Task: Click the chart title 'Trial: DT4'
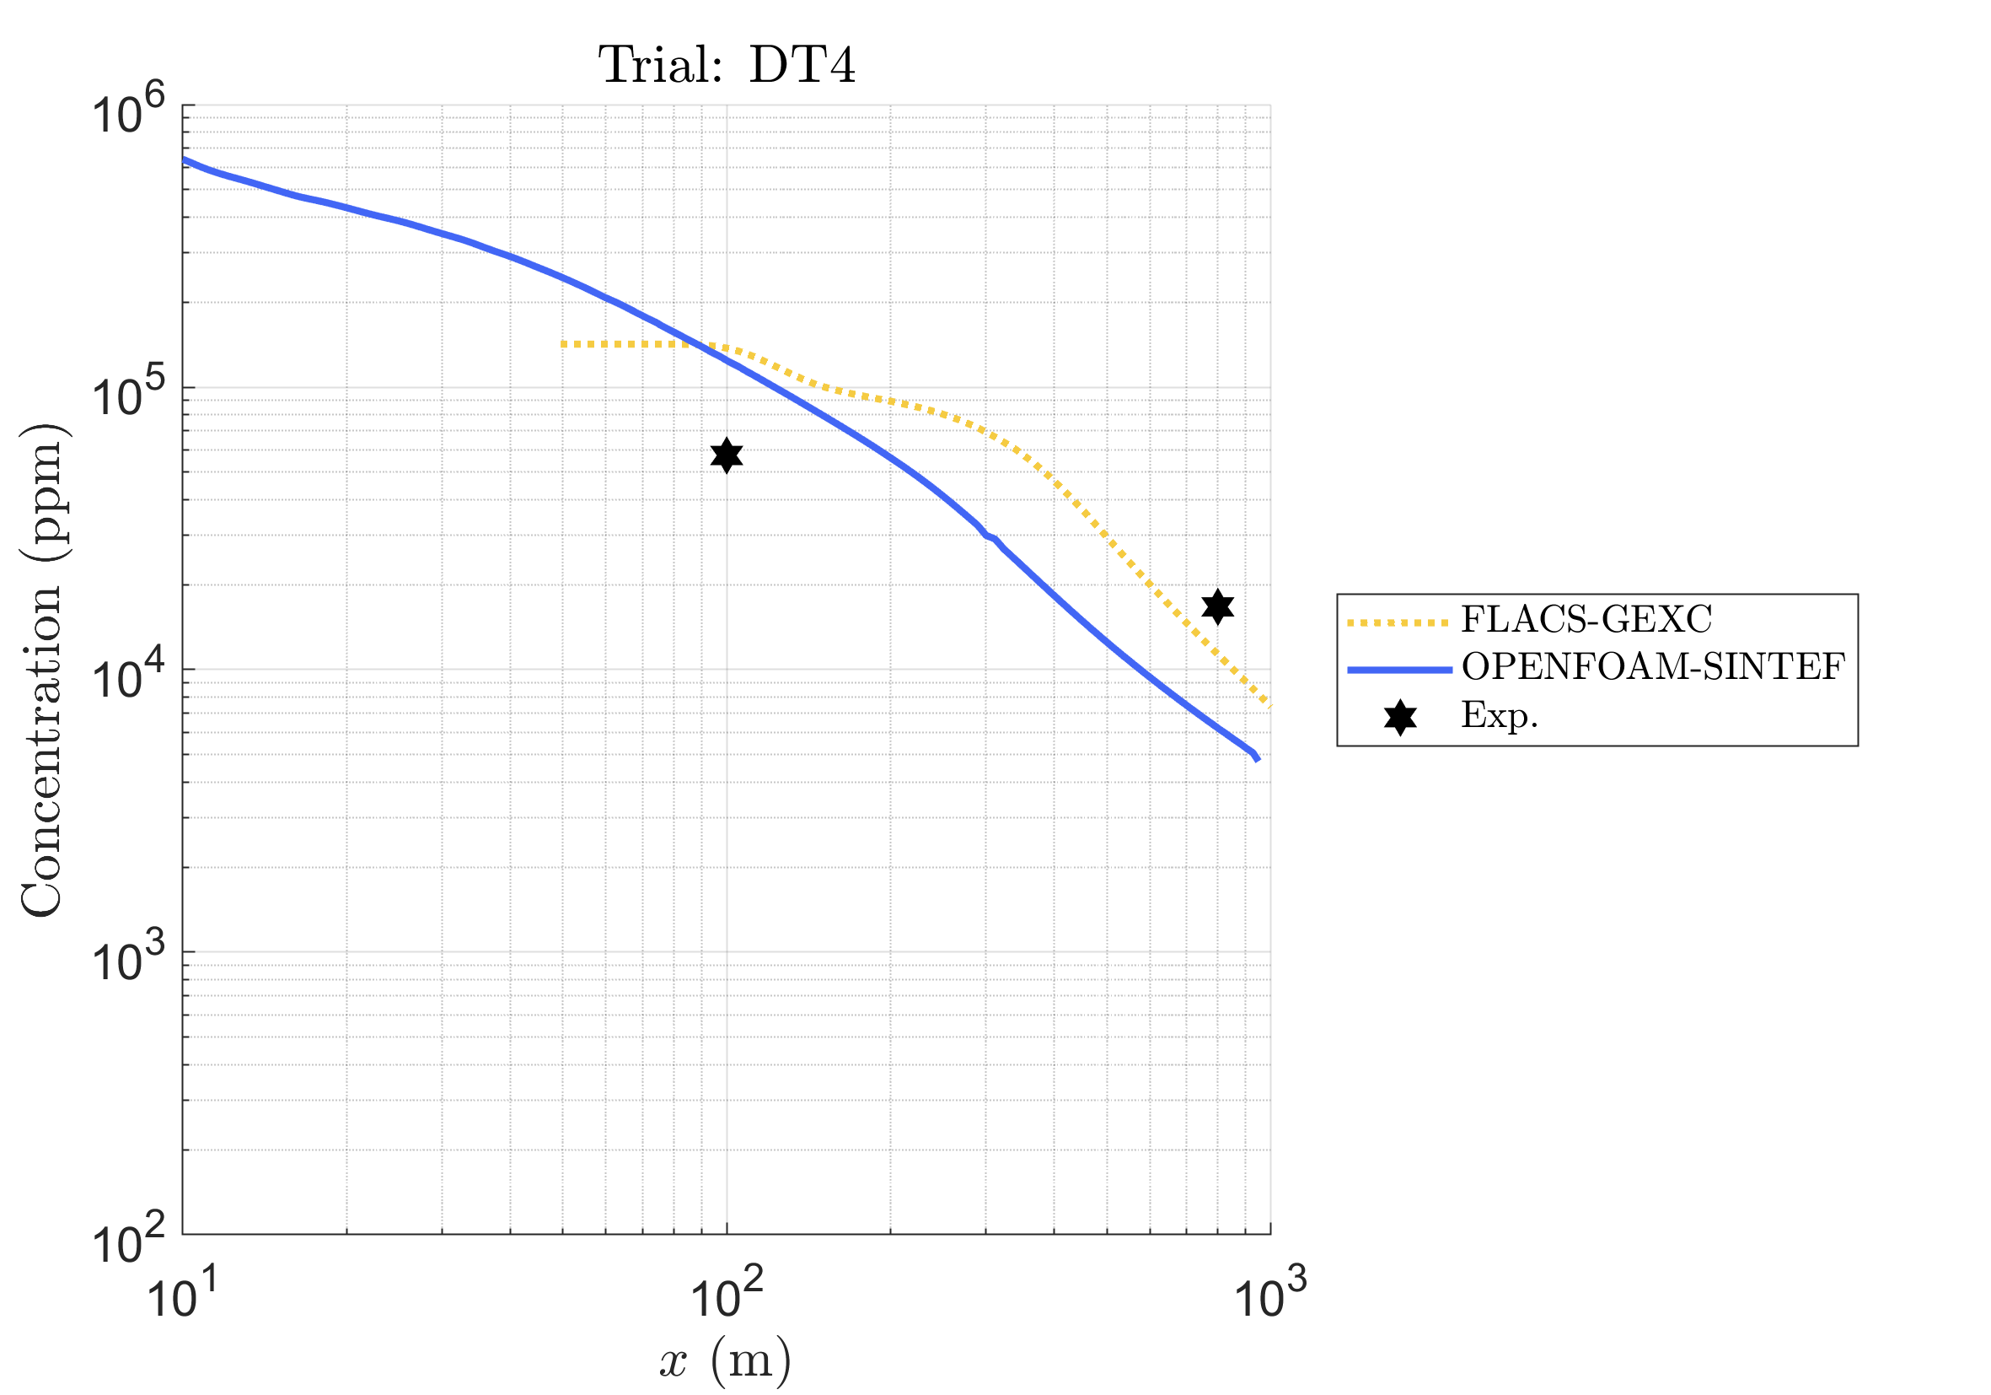pos(727,64)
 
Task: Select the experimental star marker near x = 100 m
pos(727,455)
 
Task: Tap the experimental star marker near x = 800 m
pos(1217,606)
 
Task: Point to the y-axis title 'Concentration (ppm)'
pos(43,670)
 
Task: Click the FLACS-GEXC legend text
pos(1587,619)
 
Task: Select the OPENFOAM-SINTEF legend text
pos(1654,666)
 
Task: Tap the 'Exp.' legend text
pos(1500,715)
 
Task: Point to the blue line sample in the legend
pos(1399,670)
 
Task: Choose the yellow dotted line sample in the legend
pos(1398,623)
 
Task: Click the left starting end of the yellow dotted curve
pos(565,344)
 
